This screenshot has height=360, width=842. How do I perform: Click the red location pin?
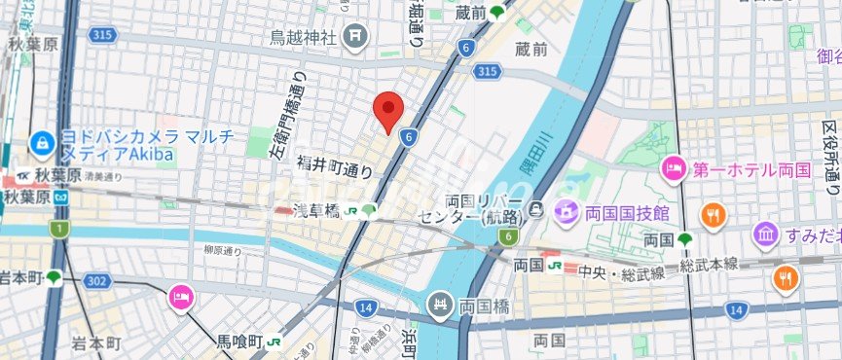[389, 109]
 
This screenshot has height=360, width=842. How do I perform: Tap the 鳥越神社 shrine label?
[303, 38]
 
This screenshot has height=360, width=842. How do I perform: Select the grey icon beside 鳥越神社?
[356, 37]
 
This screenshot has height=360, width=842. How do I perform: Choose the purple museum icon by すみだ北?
[764, 234]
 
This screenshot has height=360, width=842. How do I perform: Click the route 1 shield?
[59, 229]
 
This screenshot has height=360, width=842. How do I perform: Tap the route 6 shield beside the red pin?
[409, 138]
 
